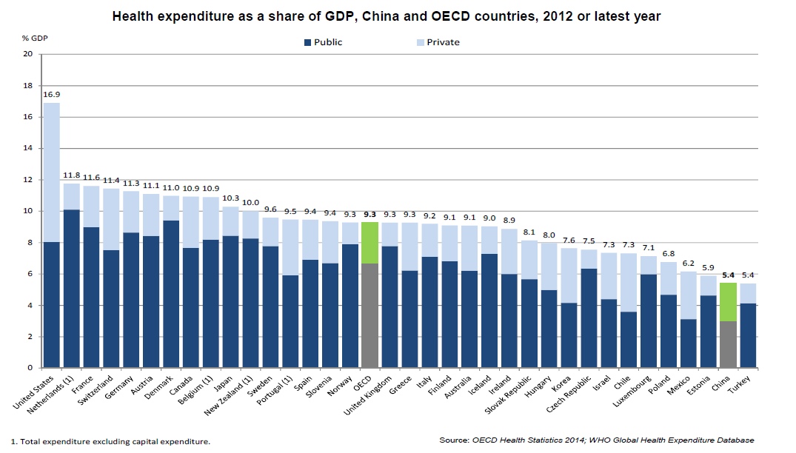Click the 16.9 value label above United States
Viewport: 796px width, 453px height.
pos(52,95)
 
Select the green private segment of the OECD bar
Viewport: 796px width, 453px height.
pos(370,242)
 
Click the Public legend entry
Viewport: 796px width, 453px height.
pos(323,42)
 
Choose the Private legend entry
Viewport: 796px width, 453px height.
pos(438,42)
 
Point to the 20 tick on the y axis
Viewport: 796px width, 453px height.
pos(28,54)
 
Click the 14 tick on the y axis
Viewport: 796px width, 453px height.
pos(28,148)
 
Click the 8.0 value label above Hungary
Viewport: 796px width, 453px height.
pos(549,235)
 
